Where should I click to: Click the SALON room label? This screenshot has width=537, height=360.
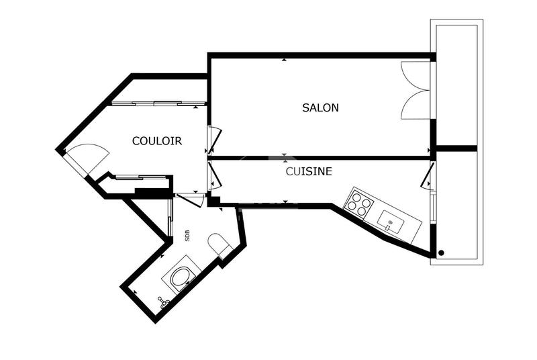pyautogui.click(x=320, y=107)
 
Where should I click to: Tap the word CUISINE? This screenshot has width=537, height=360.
pyautogui.click(x=309, y=172)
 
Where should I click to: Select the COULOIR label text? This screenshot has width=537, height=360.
pyautogui.click(x=157, y=141)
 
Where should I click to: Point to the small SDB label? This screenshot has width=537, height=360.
pyautogui.click(x=187, y=236)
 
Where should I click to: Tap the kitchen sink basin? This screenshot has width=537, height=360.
pyautogui.click(x=390, y=220)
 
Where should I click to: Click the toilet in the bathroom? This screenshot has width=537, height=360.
pyautogui.click(x=219, y=246)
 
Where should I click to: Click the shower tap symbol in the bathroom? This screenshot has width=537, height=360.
pyautogui.click(x=162, y=302)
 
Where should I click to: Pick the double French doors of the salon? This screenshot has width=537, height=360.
pyautogui.click(x=413, y=90)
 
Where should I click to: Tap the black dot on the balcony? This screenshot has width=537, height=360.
pyautogui.click(x=441, y=253)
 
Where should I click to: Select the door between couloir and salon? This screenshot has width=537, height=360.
pyautogui.click(x=213, y=140)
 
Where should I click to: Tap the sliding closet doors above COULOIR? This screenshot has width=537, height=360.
pyautogui.click(x=158, y=103)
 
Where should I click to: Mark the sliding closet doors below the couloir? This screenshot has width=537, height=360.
pyautogui.click(x=141, y=177)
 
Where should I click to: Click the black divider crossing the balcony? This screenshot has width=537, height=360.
pyautogui.click(x=456, y=148)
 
